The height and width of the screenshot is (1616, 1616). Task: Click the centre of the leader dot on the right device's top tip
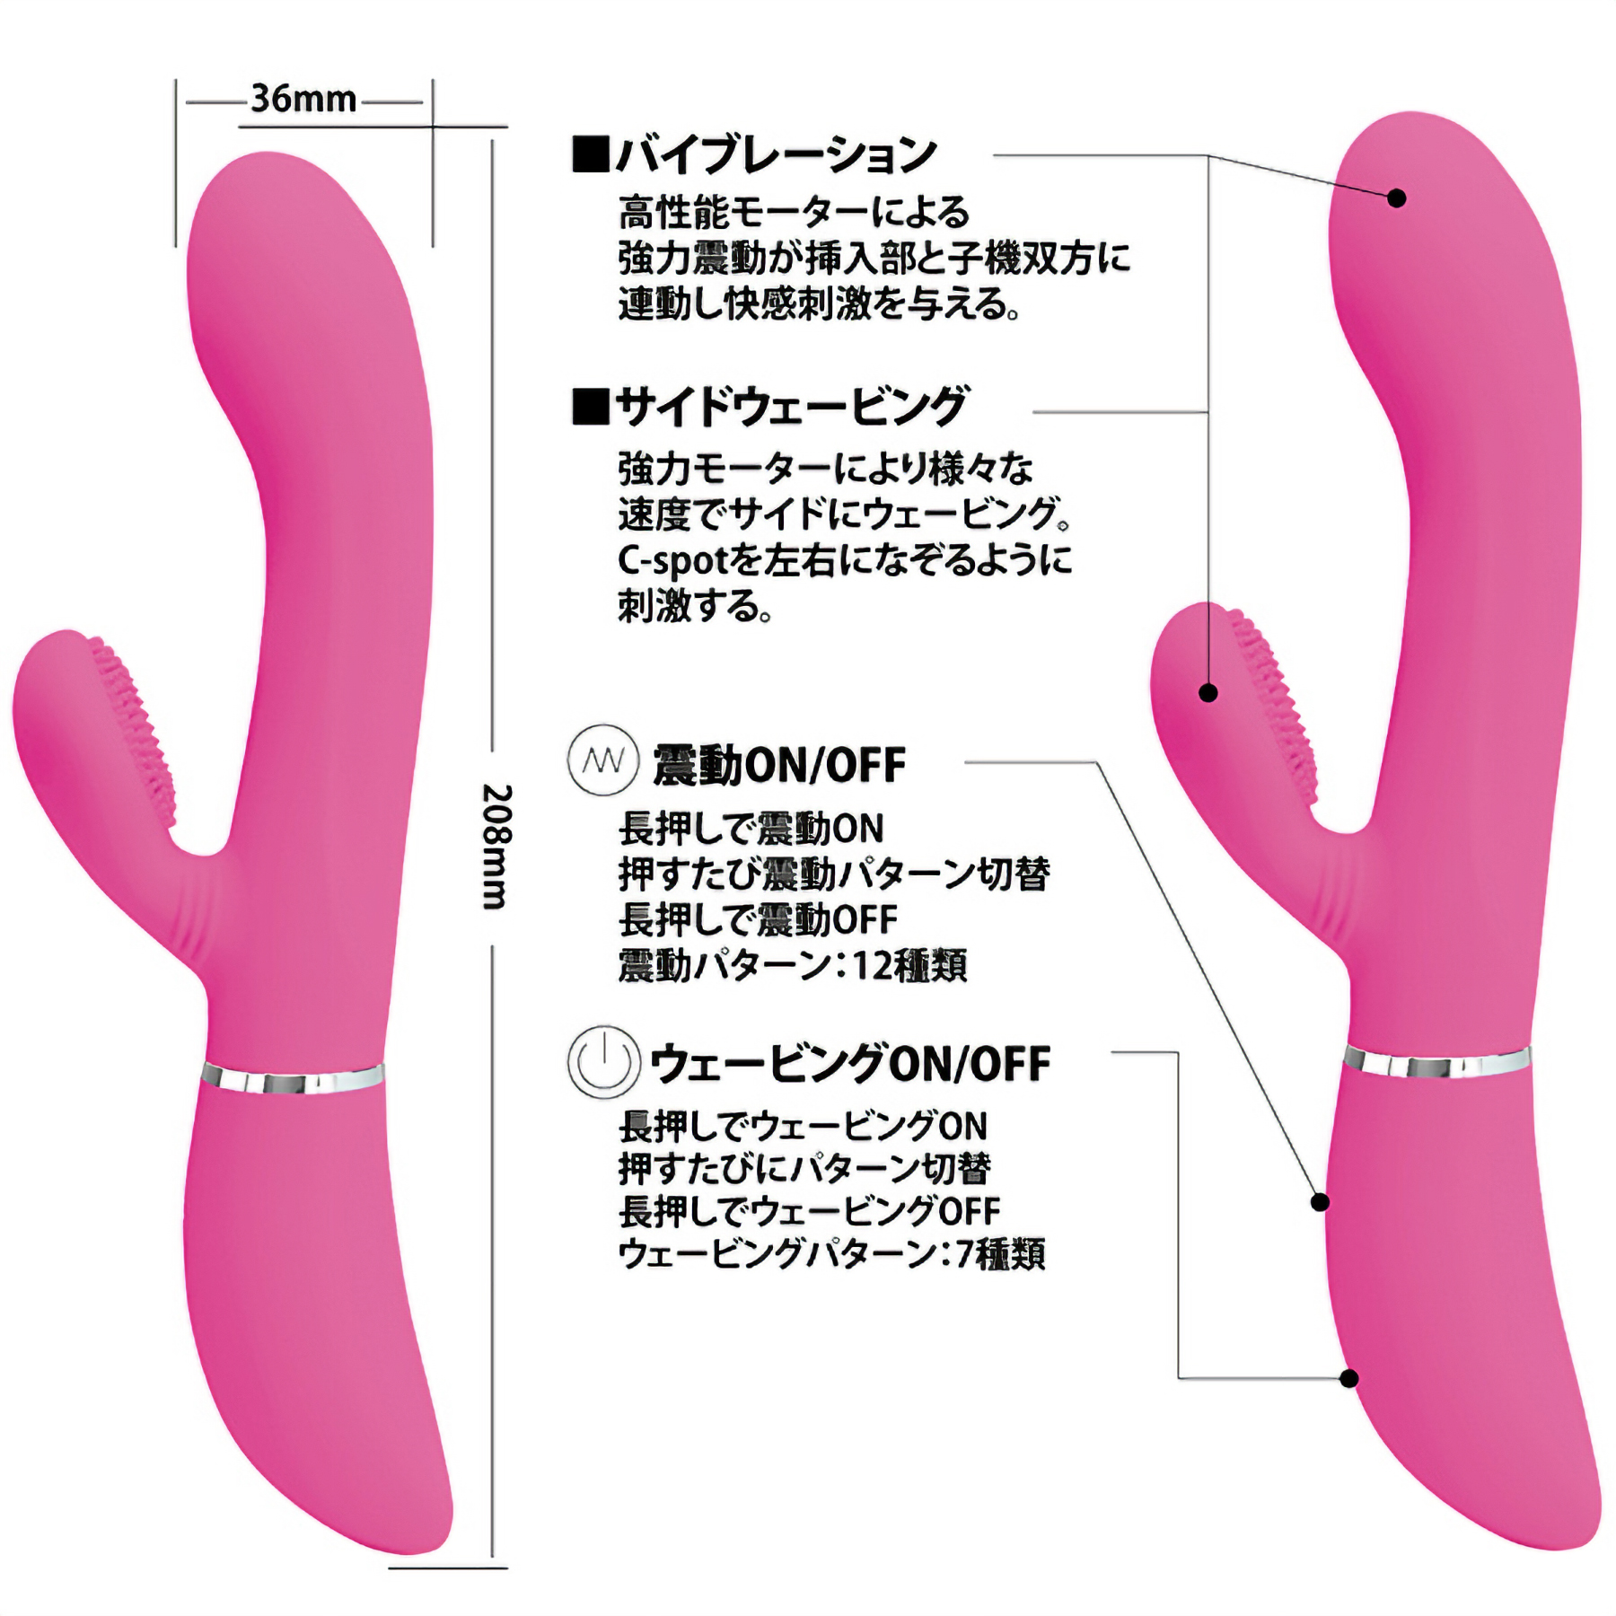click(x=1396, y=198)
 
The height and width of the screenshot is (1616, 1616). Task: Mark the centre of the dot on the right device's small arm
click(x=1208, y=692)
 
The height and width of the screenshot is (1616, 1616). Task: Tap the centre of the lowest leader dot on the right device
click(x=1348, y=1403)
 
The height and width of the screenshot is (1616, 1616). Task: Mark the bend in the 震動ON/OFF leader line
click(x=1097, y=763)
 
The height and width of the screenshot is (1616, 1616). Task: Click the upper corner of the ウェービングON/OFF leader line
click(x=1178, y=1052)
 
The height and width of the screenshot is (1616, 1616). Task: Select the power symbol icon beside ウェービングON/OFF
click(x=603, y=1062)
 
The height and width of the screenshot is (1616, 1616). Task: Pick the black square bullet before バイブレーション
click(x=591, y=154)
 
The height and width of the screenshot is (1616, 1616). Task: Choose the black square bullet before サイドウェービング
click(x=591, y=407)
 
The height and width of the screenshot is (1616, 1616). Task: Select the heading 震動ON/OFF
click(x=779, y=765)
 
